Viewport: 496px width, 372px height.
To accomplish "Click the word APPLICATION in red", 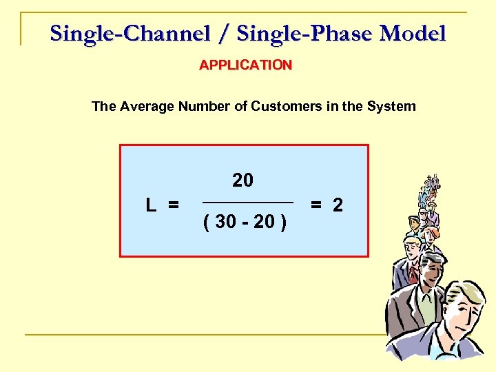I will (x=245, y=65).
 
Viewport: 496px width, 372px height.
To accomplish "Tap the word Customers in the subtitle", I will (x=283, y=106).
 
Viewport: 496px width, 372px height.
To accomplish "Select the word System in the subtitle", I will (x=390, y=106).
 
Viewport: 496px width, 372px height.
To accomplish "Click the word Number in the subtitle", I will (x=205, y=106).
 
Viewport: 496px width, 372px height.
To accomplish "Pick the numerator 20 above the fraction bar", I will (x=242, y=180).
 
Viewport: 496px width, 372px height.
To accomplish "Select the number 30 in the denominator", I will (x=225, y=222).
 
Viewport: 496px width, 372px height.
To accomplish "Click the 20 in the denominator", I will (x=264, y=222).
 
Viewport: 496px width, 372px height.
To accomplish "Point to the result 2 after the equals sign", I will (x=338, y=205).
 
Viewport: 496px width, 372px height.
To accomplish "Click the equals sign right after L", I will (x=173, y=205).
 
